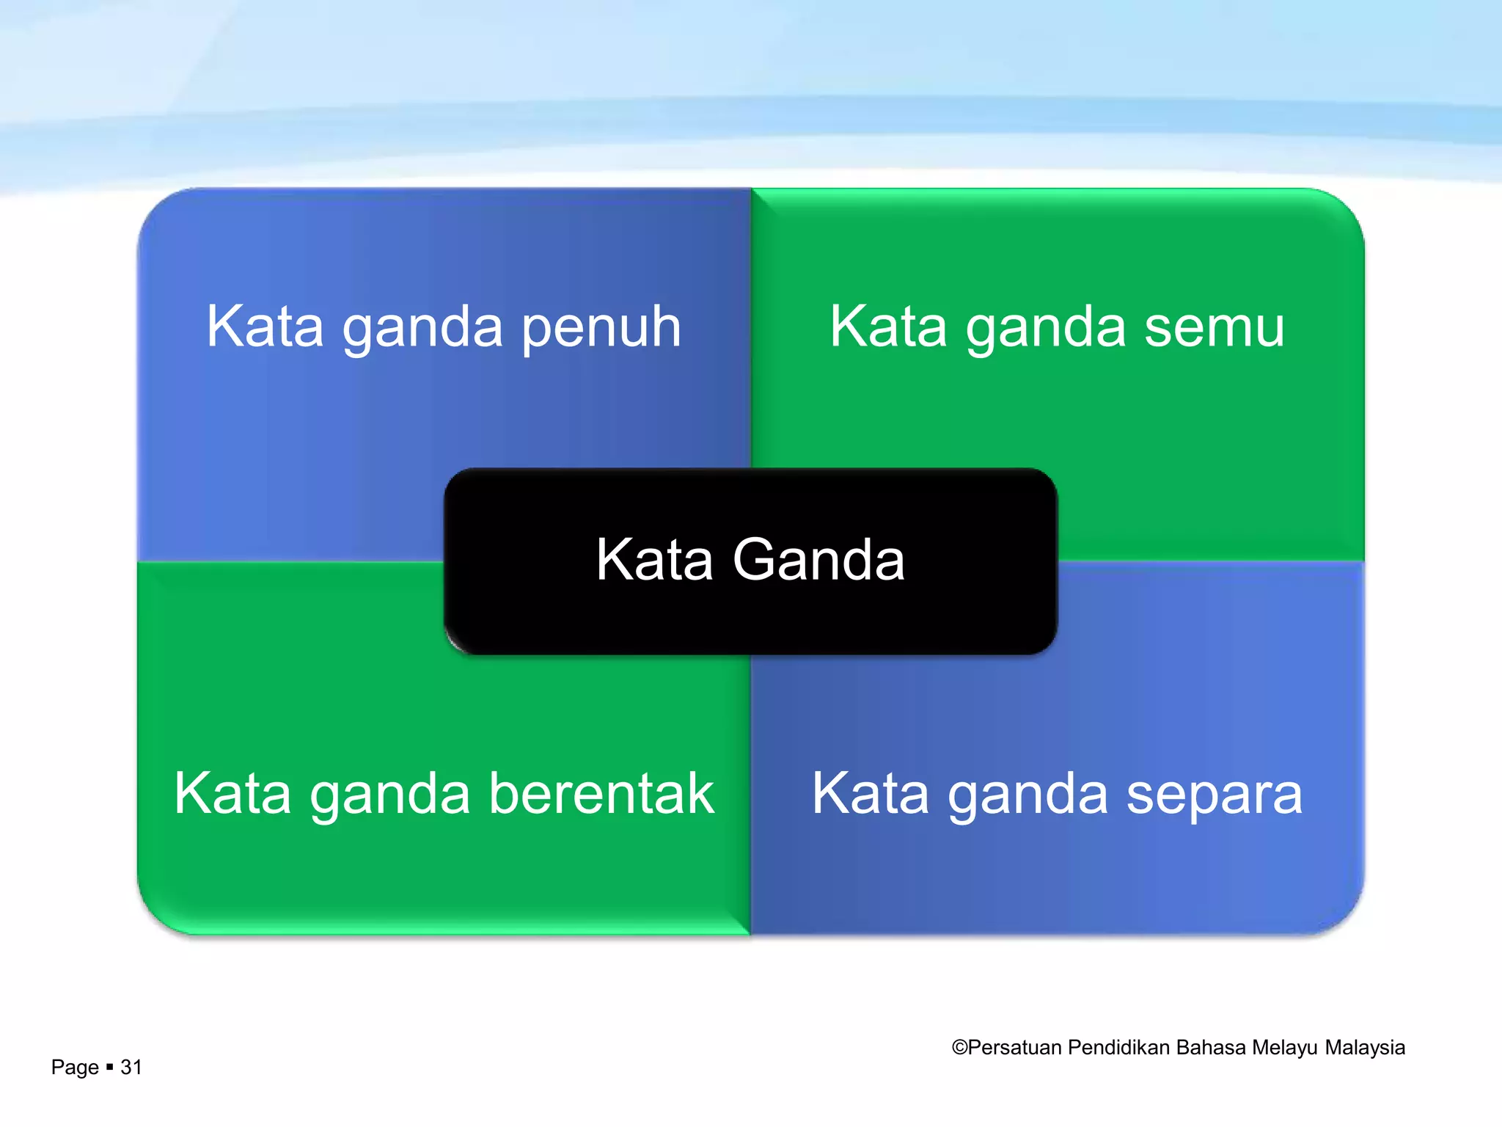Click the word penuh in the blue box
tap(601, 328)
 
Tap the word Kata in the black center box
tap(654, 560)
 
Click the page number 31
tap(131, 1067)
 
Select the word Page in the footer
tap(75, 1068)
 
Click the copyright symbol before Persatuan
tap(959, 1048)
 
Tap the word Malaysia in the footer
tap(1365, 1048)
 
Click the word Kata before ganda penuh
tap(265, 327)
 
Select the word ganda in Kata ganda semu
tap(1046, 328)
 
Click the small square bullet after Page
tap(109, 1067)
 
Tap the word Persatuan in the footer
tap(1015, 1048)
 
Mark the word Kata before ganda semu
tap(888, 327)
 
